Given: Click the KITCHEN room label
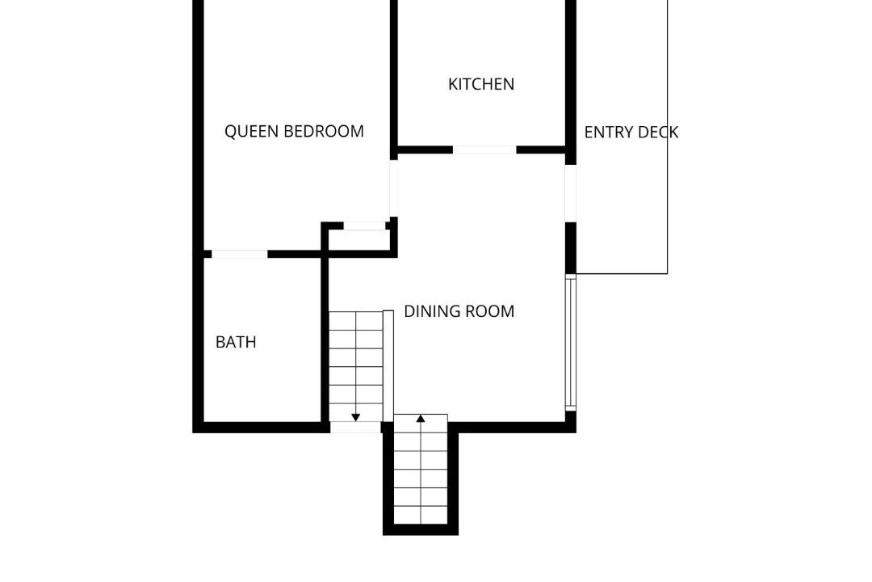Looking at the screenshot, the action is click(481, 84).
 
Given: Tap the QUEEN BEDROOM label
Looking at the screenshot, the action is click(294, 132).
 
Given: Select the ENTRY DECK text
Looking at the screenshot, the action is click(631, 132).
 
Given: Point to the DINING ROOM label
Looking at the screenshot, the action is click(459, 311).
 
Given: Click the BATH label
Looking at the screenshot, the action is click(236, 342).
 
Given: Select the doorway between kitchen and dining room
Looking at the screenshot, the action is click(484, 150).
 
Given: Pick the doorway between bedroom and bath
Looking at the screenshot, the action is click(240, 254).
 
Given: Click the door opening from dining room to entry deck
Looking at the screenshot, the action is click(571, 192).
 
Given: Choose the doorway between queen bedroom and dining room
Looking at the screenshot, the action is click(394, 188).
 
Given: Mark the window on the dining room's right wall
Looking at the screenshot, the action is click(571, 343).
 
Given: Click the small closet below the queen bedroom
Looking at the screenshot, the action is click(358, 240).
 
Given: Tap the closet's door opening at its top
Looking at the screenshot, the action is click(365, 226).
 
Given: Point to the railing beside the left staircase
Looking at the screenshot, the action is click(388, 366).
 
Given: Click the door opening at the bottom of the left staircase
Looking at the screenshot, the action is click(356, 427).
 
